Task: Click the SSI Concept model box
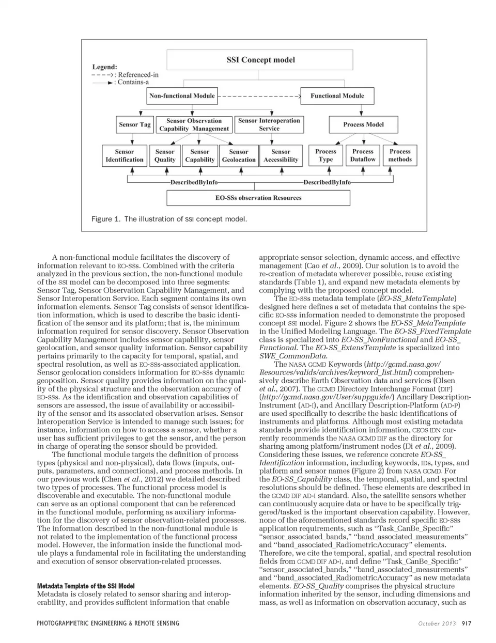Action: click(x=260, y=60)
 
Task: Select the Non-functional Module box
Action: click(x=182, y=96)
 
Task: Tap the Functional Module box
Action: click(x=337, y=96)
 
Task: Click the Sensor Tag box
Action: click(x=135, y=124)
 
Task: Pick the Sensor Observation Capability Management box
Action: click(x=194, y=124)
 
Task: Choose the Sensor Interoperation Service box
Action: click(x=269, y=124)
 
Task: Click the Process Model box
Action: click(x=363, y=124)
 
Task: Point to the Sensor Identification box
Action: click(x=124, y=155)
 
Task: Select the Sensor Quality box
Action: click(x=165, y=155)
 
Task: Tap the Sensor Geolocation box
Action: click(x=239, y=155)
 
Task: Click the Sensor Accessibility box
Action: click(x=281, y=155)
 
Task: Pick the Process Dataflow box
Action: click(x=363, y=155)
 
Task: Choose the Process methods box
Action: click(x=400, y=155)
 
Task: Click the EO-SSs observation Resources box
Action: click(x=258, y=198)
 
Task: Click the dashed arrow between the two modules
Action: click(x=260, y=96)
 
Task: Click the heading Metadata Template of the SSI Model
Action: click(x=86, y=586)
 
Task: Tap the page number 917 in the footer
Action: click(x=467, y=623)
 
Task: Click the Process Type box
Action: click(x=326, y=155)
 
